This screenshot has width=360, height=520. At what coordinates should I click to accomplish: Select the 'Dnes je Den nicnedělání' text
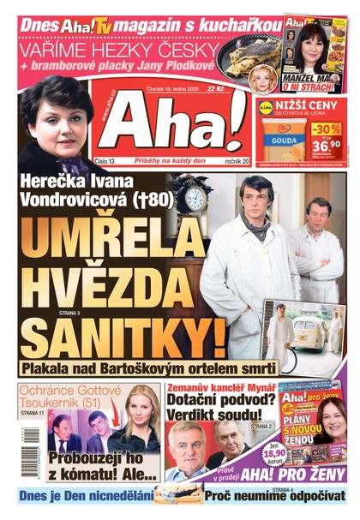point(86,496)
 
